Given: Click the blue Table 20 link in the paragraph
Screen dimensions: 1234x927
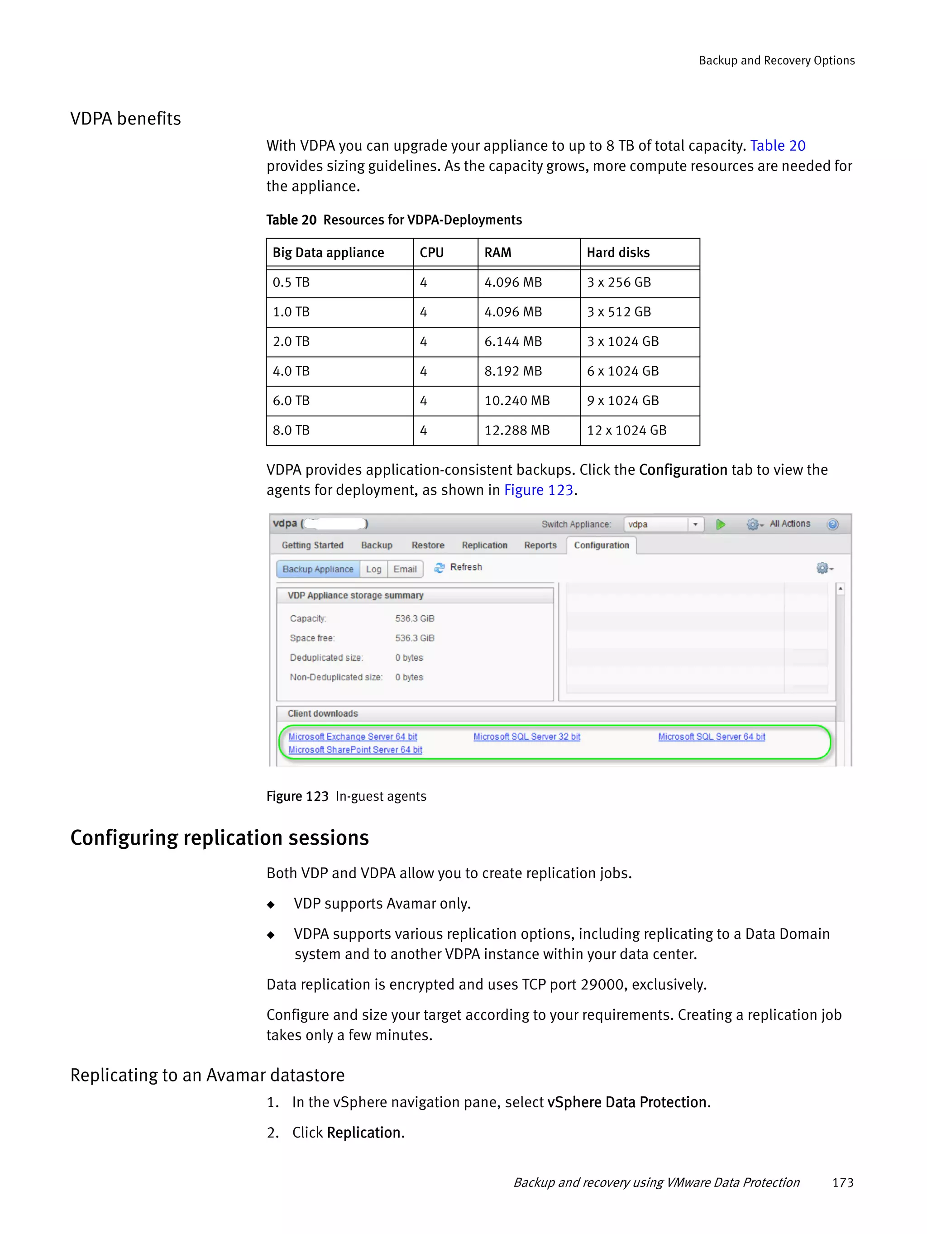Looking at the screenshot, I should tap(777, 146).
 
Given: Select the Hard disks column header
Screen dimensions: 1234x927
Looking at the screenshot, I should tap(617, 253).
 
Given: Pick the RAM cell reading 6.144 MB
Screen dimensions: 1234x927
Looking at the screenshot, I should tap(512, 341).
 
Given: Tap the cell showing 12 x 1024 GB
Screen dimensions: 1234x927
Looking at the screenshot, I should tap(626, 430).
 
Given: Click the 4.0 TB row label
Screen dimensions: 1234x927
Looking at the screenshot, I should tap(291, 371).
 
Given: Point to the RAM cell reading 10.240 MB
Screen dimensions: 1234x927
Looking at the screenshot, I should tap(516, 401).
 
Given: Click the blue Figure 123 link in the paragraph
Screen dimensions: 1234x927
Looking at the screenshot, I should tap(538, 490).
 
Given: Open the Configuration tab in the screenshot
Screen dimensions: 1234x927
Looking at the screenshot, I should tap(601, 545).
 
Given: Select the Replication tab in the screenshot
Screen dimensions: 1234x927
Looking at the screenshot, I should tap(484, 545).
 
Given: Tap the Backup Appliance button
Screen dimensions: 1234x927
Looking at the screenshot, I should tap(317, 569).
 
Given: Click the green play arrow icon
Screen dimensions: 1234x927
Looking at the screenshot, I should tap(720, 524).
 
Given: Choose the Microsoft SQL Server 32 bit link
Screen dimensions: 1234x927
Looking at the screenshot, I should tap(526, 737).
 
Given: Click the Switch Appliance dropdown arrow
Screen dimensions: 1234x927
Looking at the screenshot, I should tap(695, 524).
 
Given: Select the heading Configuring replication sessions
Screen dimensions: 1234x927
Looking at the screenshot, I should tap(219, 838).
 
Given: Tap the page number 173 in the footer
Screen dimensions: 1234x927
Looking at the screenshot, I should tap(842, 1183).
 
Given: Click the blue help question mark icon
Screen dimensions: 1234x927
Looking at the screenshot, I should tap(832, 524).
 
